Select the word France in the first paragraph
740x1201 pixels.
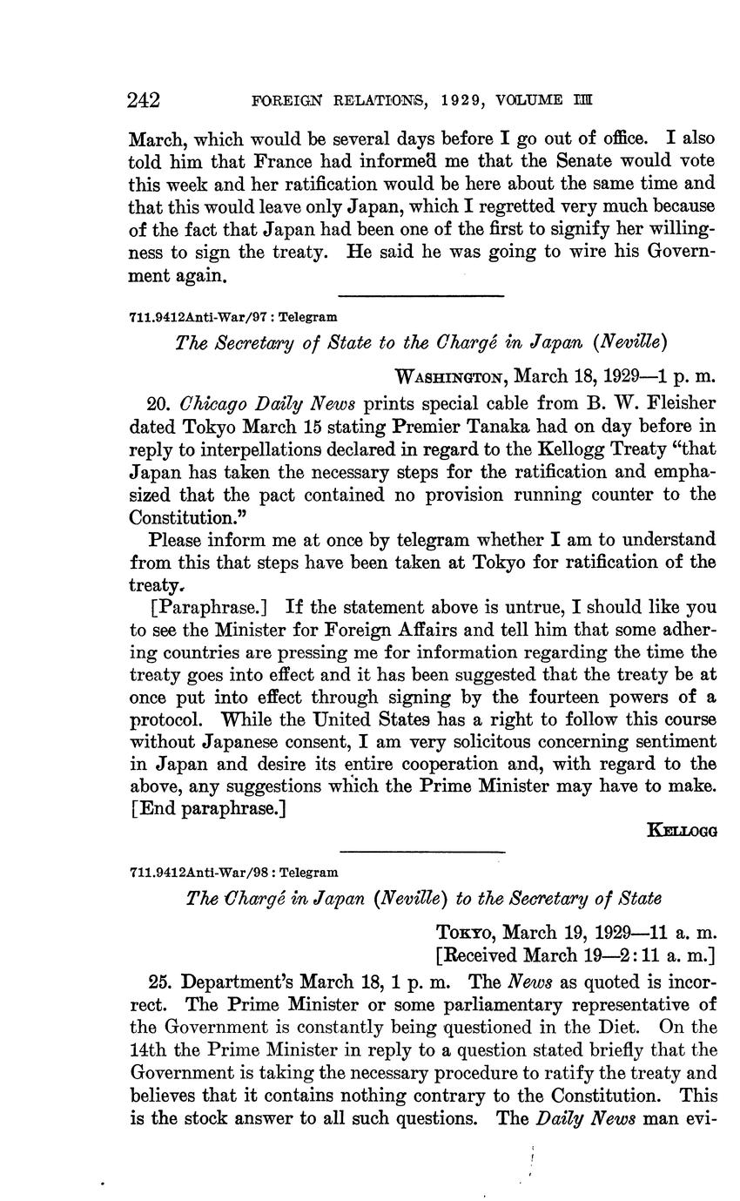[232, 161]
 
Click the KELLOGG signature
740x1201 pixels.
[682, 831]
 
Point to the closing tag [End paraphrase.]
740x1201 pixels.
[208, 808]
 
